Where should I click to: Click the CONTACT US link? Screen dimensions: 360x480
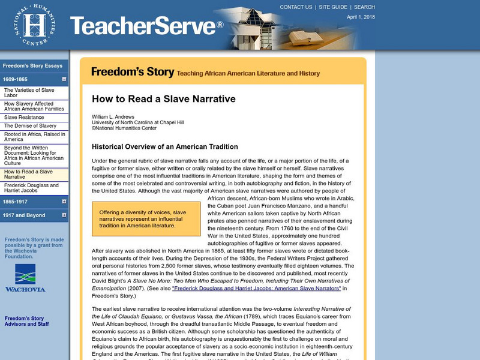click(x=296, y=7)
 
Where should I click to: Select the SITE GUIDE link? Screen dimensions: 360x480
click(x=333, y=7)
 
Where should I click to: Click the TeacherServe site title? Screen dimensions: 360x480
click(x=146, y=26)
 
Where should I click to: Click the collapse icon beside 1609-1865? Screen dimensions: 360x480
click(x=64, y=79)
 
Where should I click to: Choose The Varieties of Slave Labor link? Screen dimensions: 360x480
click(x=29, y=93)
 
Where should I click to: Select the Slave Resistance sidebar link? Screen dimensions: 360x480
click(x=24, y=117)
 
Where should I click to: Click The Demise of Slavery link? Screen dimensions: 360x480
click(x=30, y=126)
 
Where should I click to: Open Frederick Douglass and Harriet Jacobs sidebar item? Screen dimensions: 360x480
click(x=31, y=188)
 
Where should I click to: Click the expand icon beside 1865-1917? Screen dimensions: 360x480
click(x=64, y=201)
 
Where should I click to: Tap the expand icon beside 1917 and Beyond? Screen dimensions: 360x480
click(x=64, y=215)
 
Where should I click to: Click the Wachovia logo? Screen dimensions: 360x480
click(x=25, y=277)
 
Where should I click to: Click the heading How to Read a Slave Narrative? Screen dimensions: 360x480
click(x=163, y=99)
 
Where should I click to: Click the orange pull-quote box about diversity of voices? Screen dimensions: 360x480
click(x=146, y=218)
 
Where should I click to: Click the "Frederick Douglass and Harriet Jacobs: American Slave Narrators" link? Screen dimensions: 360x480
click(x=256, y=288)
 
